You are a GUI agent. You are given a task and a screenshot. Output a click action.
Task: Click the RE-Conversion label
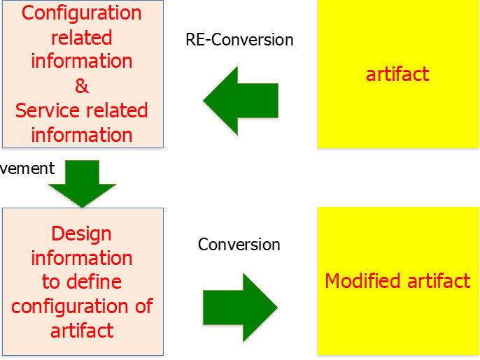pos(239,40)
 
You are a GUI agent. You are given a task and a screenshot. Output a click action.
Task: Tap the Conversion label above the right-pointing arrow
pos(239,245)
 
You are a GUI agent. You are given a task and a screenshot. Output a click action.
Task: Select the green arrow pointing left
pos(241,101)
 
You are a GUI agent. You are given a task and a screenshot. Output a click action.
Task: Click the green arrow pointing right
pos(240,308)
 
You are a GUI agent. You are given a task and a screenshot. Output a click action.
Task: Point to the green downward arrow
pos(83,184)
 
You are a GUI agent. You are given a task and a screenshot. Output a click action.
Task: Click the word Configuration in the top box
pos(81,13)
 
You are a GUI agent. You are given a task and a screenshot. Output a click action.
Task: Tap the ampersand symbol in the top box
pos(82,86)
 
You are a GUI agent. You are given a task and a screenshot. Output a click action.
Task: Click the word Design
pos(81,235)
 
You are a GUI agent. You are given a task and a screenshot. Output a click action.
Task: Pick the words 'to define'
pos(82,282)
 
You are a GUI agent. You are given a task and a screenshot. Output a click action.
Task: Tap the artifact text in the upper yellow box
pos(397,74)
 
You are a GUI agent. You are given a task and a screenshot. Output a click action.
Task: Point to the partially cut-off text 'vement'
pos(27,168)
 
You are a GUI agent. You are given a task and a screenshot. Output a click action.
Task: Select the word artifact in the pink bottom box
pos(82,331)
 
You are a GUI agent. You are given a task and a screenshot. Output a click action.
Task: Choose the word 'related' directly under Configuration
pos(81,38)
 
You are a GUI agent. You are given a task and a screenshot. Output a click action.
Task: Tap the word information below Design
pos(82,258)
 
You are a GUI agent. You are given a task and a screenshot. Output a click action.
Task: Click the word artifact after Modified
pos(439,281)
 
